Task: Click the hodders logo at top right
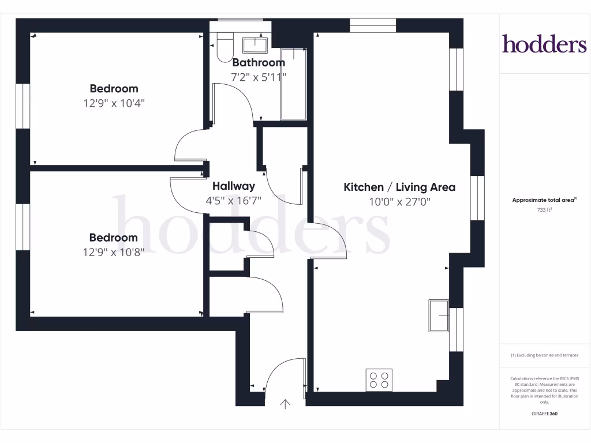544,44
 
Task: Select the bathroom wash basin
254,44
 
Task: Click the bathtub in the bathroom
294,84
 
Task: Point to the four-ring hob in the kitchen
379,380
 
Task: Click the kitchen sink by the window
439,316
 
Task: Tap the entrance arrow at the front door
285,404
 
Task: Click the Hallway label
233,186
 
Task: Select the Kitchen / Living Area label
399,187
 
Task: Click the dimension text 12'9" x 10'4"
113,103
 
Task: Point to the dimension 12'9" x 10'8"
113,252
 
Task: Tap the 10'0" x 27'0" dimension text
400,202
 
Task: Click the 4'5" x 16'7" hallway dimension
233,201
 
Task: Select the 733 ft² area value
545,210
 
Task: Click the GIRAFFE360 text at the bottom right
545,414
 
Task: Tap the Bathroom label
259,62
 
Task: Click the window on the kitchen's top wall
373,25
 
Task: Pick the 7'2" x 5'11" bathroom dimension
259,77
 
